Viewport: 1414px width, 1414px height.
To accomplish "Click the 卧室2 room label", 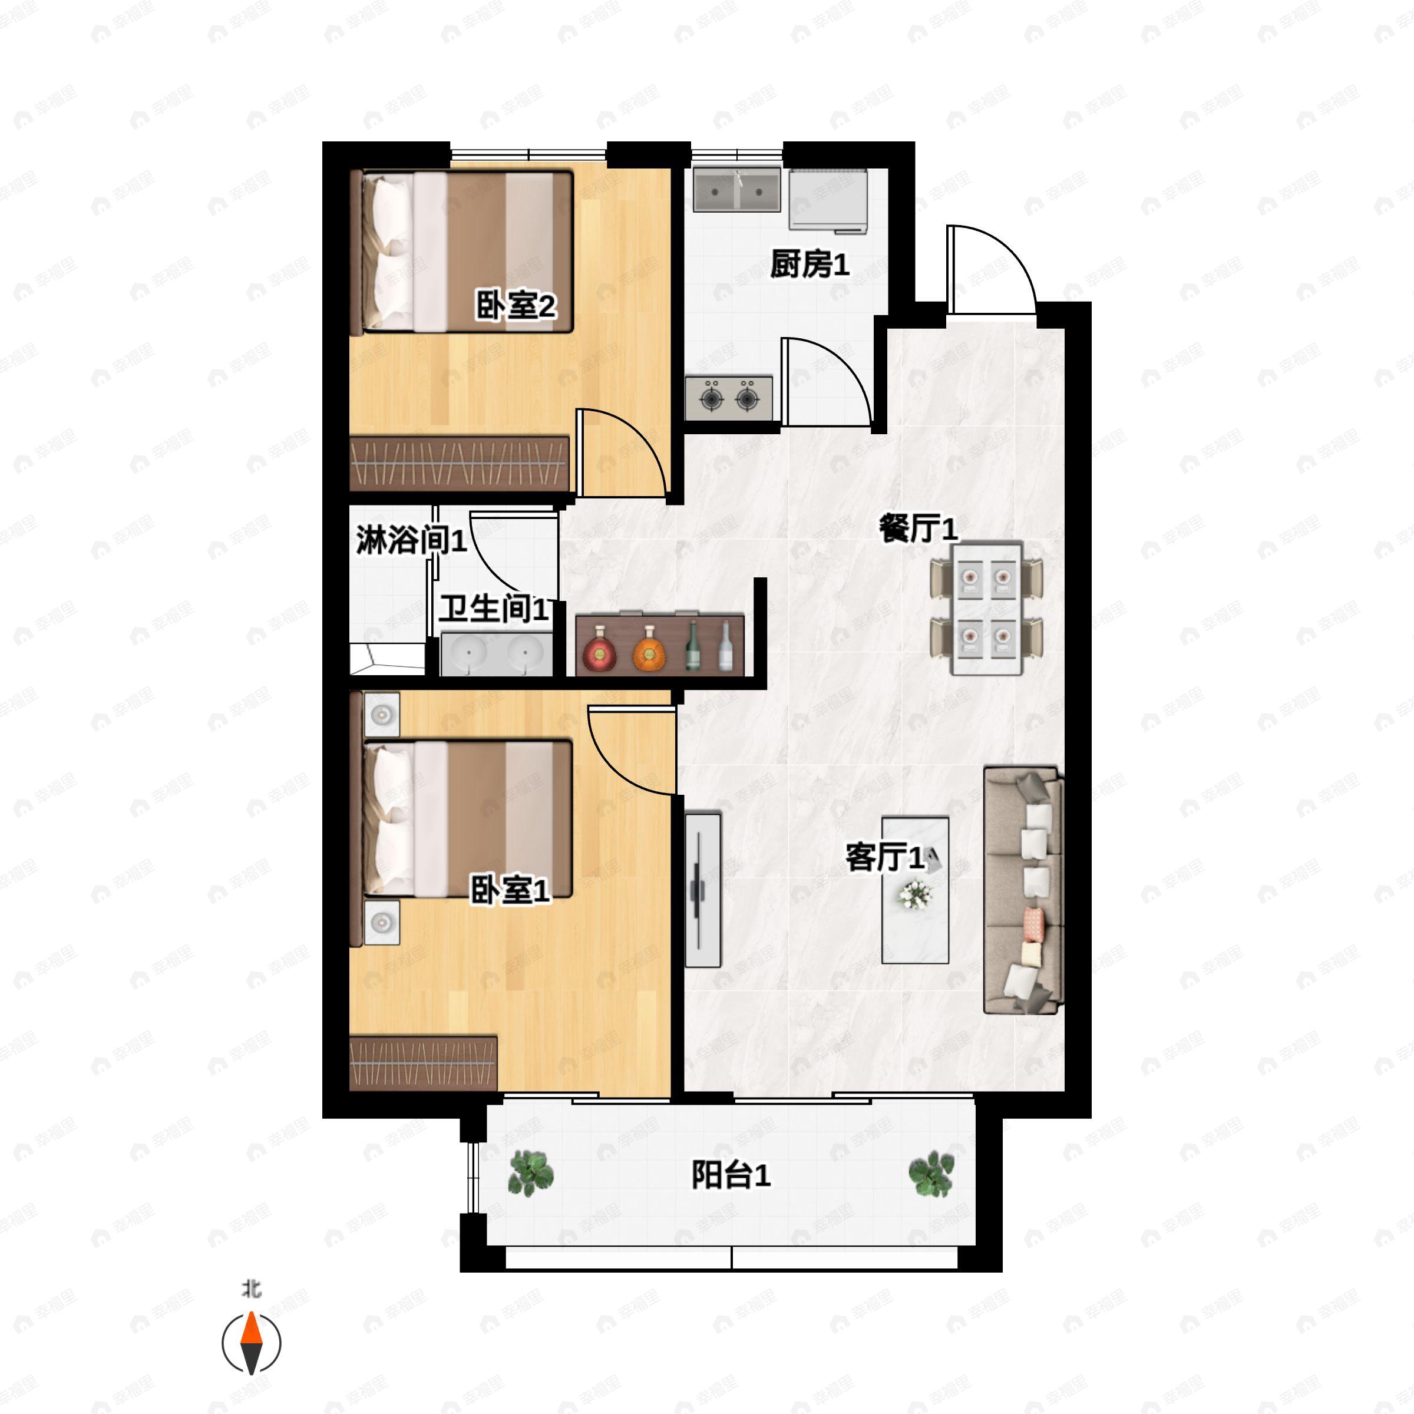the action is click(x=516, y=305).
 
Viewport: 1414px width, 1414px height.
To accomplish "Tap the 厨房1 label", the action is click(x=810, y=263).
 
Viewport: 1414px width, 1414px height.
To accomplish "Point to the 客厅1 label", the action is click(x=885, y=857).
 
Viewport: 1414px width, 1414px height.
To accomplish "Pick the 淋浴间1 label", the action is click(x=411, y=540).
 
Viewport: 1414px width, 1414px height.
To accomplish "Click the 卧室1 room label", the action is click(x=510, y=890).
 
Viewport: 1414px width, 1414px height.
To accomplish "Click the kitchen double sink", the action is click(x=736, y=190).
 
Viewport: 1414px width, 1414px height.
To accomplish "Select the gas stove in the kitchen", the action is click(x=729, y=398).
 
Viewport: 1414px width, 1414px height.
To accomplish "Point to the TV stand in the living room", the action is click(x=703, y=889).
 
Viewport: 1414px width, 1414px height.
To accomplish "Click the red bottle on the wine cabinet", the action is click(x=599, y=649).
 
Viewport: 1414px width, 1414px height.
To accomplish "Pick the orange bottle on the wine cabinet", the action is click(x=649, y=649).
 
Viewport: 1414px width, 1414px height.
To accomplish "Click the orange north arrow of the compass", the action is click(x=251, y=1329).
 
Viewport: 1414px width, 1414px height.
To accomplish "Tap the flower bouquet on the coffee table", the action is click(x=915, y=895).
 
